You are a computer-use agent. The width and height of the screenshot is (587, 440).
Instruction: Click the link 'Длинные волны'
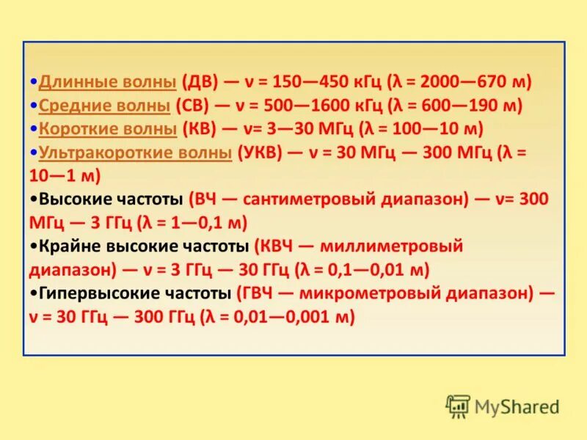point(107,81)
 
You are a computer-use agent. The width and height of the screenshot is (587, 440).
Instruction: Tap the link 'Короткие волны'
point(108,129)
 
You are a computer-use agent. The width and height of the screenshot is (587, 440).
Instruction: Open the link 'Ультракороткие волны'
point(135,153)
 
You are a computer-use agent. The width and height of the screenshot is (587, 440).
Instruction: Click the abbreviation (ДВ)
point(200,81)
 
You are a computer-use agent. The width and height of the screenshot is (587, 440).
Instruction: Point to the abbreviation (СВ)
point(194,105)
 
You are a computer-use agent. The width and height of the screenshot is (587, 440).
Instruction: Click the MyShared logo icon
point(459,406)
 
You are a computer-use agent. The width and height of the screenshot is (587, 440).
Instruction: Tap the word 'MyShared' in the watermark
point(517,406)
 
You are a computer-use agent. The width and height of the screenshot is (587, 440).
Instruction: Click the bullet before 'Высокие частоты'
point(34,199)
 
